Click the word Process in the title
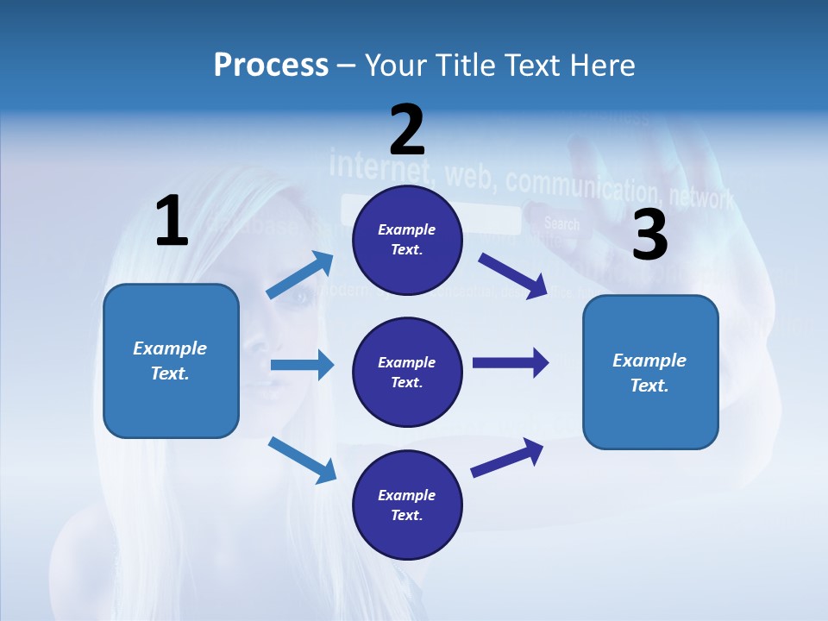click(x=271, y=66)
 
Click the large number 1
click(x=172, y=221)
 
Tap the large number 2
click(x=407, y=129)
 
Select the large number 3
click(x=650, y=235)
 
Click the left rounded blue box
click(x=171, y=361)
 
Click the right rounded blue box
click(x=650, y=372)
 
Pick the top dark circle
click(x=407, y=240)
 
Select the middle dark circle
click(x=407, y=372)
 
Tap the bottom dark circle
click(x=407, y=505)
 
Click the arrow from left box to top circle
click(x=299, y=275)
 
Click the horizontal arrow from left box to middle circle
click(x=301, y=365)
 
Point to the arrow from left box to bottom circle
click(x=302, y=459)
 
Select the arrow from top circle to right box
click(x=512, y=275)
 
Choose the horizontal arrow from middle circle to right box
click(x=510, y=362)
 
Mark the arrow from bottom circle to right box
click(x=507, y=458)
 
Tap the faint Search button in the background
click(x=561, y=224)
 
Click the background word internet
click(x=378, y=164)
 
